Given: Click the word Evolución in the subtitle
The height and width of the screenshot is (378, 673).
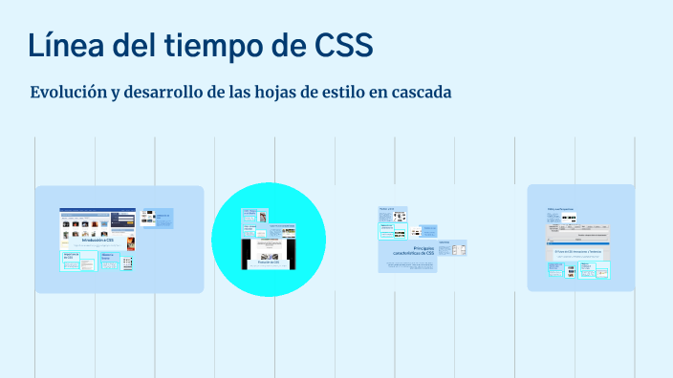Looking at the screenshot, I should pos(70,93).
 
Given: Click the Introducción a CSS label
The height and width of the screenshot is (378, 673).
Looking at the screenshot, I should pos(97,241).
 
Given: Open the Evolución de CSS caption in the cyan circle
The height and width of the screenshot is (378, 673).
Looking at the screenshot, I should pos(269,262).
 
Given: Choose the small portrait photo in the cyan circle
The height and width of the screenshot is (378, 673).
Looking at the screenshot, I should pos(261,218).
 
